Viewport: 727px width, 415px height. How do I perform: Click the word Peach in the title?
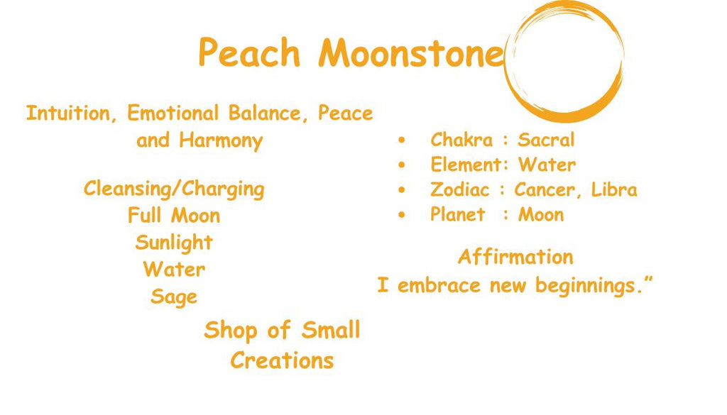(x=249, y=53)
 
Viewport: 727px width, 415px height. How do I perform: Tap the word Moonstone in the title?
(x=411, y=53)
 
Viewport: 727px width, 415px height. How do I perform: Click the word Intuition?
(x=72, y=114)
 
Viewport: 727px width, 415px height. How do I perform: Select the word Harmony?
(x=221, y=140)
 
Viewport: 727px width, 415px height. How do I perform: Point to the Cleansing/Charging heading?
(x=174, y=189)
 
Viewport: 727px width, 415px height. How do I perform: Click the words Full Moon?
(x=174, y=216)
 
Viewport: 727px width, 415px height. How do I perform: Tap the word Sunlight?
(x=174, y=243)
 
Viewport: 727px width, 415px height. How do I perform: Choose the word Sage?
(x=174, y=297)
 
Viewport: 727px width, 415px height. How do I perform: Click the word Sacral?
(x=546, y=140)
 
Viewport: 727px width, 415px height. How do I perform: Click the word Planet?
(x=458, y=215)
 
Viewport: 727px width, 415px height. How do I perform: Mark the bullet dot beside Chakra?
(x=403, y=140)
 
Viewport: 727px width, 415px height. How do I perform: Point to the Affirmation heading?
(x=515, y=257)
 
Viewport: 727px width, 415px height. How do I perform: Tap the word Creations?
(x=282, y=360)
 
